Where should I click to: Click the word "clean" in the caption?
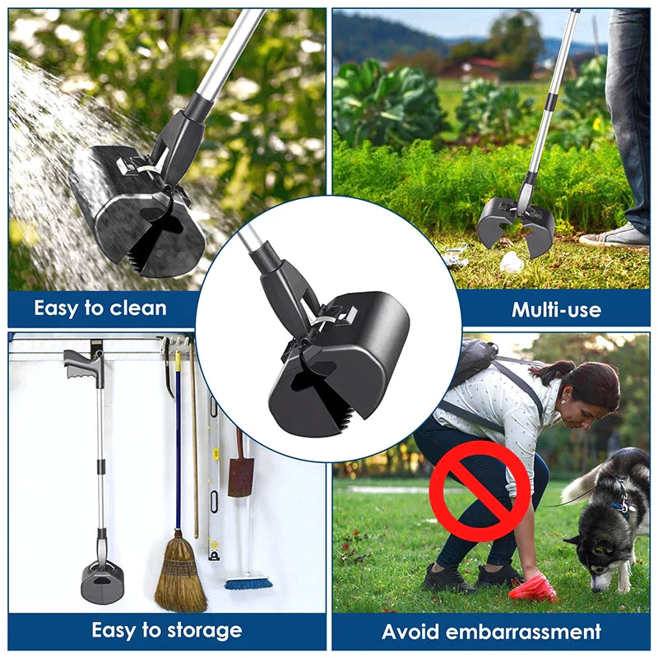pyautogui.click(x=138, y=308)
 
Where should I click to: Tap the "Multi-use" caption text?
pyautogui.click(x=557, y=310)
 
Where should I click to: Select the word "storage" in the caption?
pyautogui.click(x=204, y=631)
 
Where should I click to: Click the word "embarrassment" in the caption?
pyautogui.click(x=523, y=632)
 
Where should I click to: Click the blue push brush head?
pyautogui.click(x=248, y=583)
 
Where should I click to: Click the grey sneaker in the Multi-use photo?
pyautogui.click(x=614, y=235)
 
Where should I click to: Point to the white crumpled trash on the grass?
pyautogui.click(x=511, y=262)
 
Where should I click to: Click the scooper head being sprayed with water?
pyautogui.click(x=137, y=211)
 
